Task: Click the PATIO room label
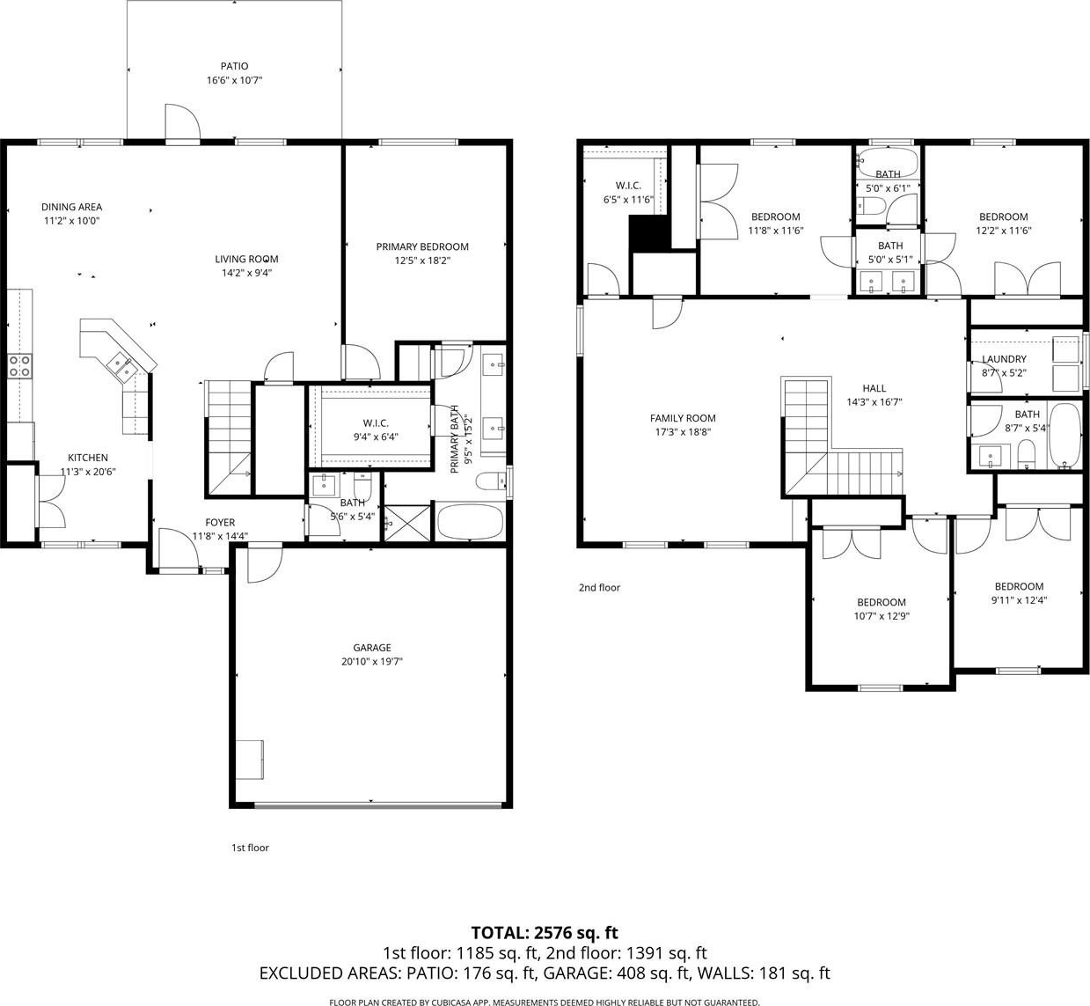tap(234, 66)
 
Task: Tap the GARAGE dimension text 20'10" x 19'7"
tap(371, 662)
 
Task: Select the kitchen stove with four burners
tap(19, 366)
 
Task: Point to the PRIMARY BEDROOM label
tap(422, 246)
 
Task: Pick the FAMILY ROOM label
tap(682, 418)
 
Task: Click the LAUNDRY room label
tap(1003, 359)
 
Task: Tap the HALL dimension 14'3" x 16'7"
tap(874, 402)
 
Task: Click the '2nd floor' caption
tap(599, 588)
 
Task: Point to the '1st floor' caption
tap(250, 848)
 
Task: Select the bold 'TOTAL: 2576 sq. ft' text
tap(545, 933)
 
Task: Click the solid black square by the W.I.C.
tap(650, 233)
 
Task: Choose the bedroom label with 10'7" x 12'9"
tap(882, 602)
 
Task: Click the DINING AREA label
tap(72, 207)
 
